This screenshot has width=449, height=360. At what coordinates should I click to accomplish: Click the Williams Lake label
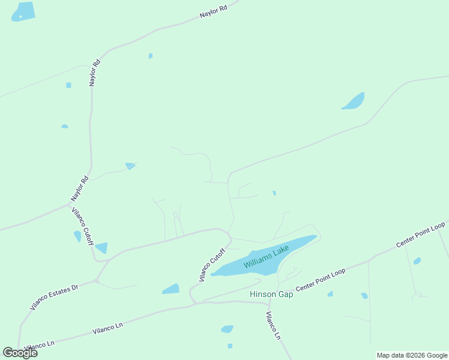267,256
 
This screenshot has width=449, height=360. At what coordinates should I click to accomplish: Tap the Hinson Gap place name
271,295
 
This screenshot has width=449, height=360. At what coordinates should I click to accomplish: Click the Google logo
20,353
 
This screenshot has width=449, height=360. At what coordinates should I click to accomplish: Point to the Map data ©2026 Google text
412,355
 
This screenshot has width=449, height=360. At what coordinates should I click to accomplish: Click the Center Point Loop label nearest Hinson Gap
321,280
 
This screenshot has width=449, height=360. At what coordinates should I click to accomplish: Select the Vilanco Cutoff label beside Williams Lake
211,265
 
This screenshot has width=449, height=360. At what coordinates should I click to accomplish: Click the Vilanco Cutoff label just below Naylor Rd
82,226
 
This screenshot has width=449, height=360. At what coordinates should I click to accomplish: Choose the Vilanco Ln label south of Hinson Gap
273,326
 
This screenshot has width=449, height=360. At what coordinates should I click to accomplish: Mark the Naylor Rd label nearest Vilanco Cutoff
80,188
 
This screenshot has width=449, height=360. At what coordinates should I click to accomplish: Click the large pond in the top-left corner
23,11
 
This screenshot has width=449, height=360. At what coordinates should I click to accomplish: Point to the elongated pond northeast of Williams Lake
354,101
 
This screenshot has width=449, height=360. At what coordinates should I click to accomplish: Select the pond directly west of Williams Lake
171,289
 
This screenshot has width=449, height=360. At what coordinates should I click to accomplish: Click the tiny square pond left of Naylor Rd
68,85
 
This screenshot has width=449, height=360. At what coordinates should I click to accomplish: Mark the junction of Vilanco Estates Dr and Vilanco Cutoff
96,280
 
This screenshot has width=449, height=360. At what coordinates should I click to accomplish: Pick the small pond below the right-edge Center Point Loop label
417,261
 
